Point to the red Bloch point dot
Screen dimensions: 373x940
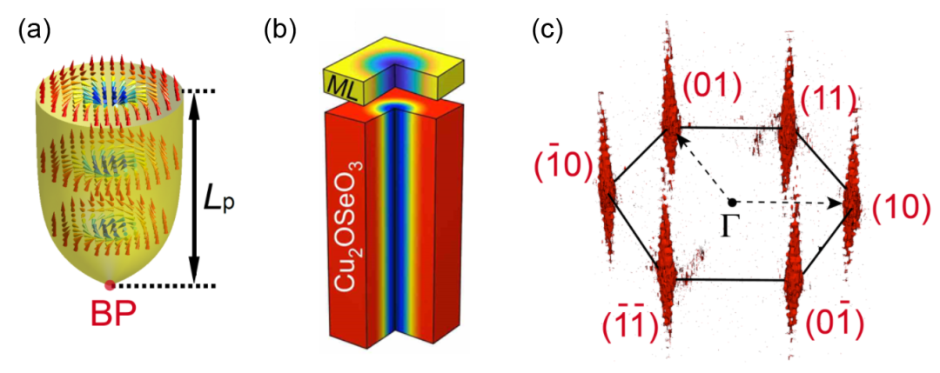point(110,285)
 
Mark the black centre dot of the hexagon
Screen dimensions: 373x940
point(732,203)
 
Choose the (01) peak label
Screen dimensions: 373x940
point(711,87)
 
